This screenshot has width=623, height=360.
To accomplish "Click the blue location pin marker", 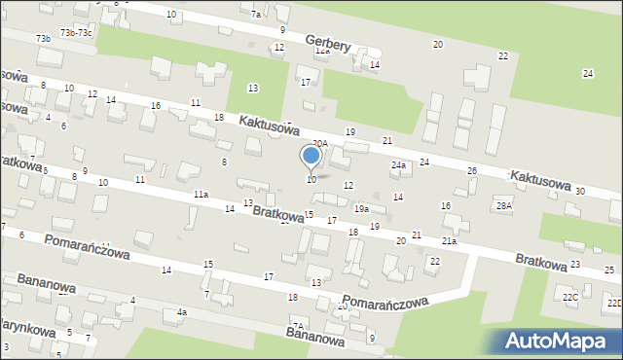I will [311, 157].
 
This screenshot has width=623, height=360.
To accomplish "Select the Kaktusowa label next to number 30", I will [538, 178].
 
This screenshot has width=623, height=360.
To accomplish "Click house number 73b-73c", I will [76, 32].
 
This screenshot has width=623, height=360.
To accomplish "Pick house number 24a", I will [398, 165].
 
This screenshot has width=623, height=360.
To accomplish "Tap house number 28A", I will [503, 205].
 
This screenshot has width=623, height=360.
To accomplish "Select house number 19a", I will [361, 209].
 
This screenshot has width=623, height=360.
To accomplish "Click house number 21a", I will [449, 240].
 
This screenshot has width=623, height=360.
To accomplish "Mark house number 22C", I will [570, 296].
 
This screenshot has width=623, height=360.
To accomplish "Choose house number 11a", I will [201, 195].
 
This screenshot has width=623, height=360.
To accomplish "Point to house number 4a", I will [181, 312].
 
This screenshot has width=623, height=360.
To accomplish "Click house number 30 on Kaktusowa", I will [580, 191].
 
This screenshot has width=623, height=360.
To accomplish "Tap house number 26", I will [472, 171].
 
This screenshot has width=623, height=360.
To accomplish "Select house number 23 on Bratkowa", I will [575, 264].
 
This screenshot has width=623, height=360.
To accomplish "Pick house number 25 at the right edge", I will [609, 269].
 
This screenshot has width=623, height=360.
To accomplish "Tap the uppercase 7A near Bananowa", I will [298, 326].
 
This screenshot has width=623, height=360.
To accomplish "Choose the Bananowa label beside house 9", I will [315, 336].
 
